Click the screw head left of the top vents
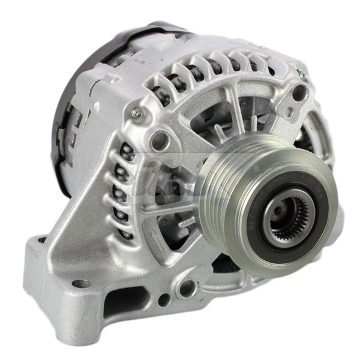tap(138, 112)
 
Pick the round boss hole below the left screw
tap(160, 140)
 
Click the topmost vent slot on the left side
tap(127, 152)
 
